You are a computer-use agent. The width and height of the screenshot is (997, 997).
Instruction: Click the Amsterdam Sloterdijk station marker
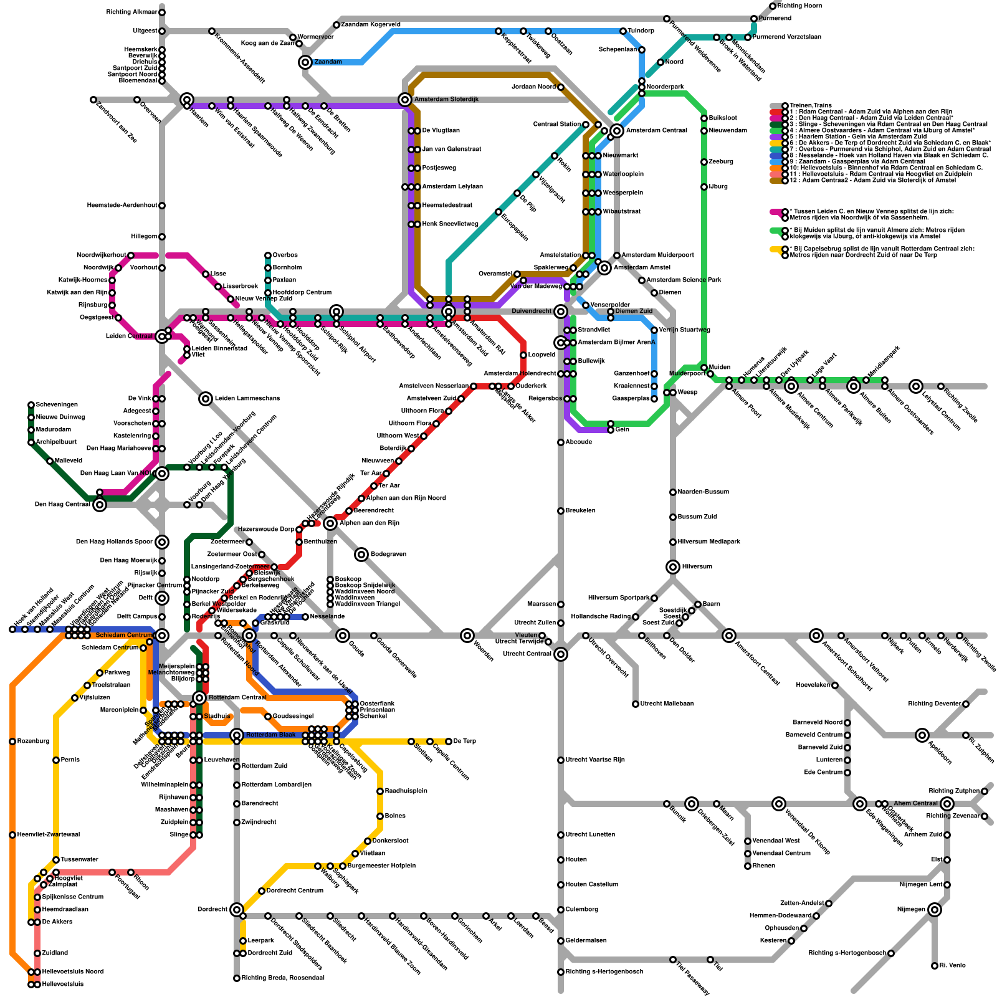405,100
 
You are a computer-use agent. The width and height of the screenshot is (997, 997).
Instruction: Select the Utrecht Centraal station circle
561,654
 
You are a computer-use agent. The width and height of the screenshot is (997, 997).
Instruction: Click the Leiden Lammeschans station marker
206,399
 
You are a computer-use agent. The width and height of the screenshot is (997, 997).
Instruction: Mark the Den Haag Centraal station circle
100,505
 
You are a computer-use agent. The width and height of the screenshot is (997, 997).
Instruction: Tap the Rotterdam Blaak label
270,735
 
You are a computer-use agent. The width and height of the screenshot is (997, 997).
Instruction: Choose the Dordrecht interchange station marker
237,910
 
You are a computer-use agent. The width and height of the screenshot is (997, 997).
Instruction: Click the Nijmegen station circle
934,910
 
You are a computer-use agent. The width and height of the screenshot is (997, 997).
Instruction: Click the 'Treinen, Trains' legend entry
811,106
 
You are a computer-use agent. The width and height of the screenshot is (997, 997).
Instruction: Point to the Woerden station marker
468,636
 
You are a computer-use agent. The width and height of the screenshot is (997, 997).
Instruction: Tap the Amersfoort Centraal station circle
729,636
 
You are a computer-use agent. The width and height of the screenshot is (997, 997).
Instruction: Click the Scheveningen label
57,405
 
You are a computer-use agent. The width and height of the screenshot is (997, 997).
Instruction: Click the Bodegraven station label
388,555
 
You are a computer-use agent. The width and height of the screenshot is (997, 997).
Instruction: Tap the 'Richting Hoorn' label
799,6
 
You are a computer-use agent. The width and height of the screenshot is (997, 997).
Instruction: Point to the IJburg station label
717,187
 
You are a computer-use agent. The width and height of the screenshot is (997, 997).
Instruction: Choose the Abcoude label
579,442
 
